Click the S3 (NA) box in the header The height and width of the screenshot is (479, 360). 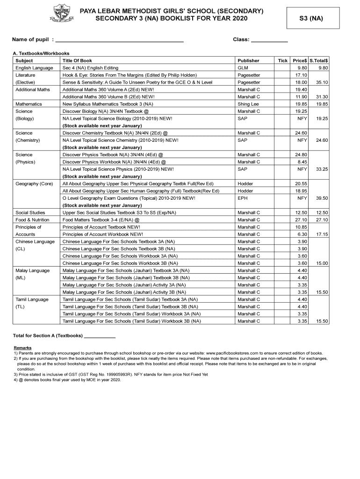click(311, 19)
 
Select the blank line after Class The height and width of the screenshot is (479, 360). click(269, 40)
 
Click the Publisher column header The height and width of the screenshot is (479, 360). click(248, 61)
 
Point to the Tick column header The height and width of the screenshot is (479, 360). click(283, 61)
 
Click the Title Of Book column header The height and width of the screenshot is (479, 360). click(77, 61)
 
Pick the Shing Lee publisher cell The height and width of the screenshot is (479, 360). click(248, 104)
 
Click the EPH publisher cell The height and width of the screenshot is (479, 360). click(243, 198)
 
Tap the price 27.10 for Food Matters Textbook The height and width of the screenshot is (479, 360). click(301, 220)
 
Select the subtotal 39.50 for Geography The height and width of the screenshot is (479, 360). click(322, 198)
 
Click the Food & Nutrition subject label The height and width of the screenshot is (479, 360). click(32, 220)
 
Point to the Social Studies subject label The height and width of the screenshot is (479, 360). click(30, 212)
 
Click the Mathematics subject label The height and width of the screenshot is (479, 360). click(29, 104)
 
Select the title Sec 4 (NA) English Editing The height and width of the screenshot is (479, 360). click(90, 68)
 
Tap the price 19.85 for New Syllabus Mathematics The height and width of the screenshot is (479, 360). click(301, 104)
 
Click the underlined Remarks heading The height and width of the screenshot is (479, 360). click(22, 348)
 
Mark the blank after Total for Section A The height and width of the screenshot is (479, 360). click(100, 336)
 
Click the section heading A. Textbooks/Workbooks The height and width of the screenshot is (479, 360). click(41, 53)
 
